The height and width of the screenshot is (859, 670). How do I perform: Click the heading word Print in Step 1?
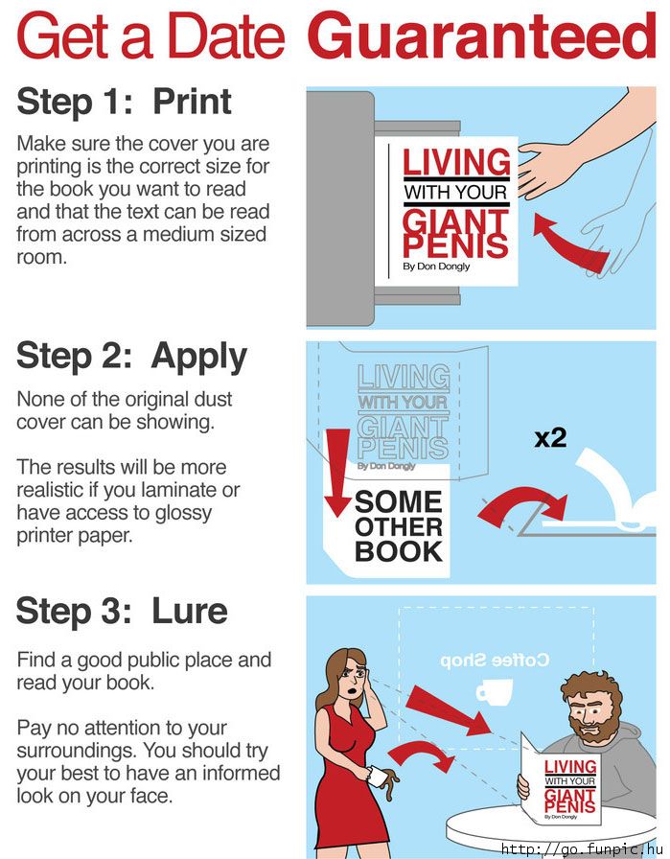[x=192, y=103]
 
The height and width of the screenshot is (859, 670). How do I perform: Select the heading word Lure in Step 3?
[x=190, y=611]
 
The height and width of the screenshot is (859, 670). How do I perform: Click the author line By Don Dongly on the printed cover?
[x=436, y=267]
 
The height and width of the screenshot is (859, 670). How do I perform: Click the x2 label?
[x=550, y=437]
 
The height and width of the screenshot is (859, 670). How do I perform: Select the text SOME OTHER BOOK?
[x=399, y=526]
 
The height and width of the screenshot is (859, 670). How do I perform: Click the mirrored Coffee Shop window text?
[x=495, y=661]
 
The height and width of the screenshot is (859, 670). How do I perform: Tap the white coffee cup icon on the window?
[x=495, y=692]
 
